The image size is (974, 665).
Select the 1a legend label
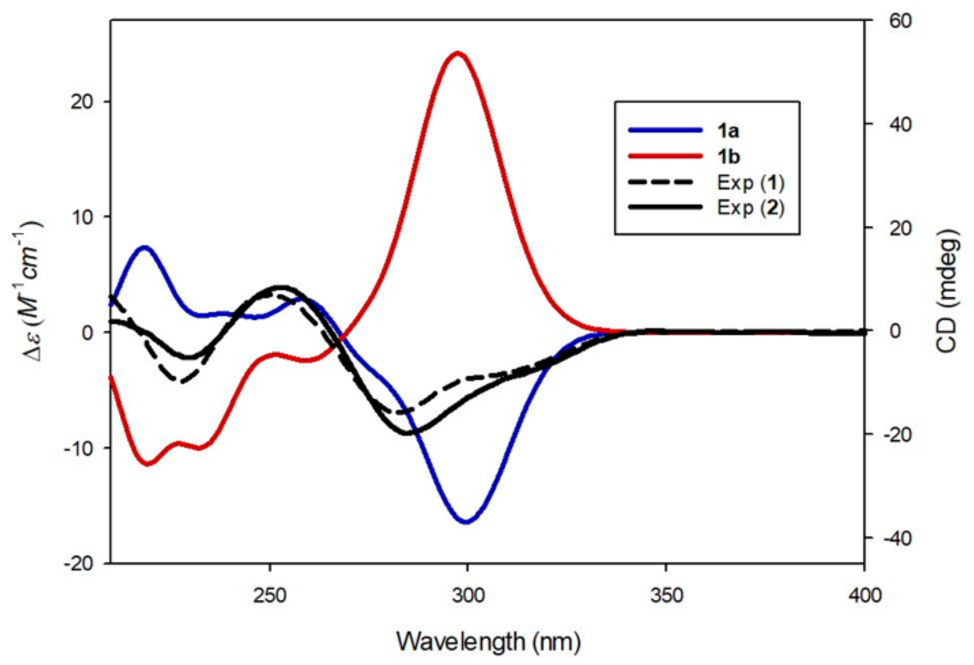(x=729, y=131)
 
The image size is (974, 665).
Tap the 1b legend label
(x=729, y=157)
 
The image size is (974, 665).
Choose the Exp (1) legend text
(x=751, y=183)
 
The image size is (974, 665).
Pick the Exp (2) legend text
(x=751, y=208)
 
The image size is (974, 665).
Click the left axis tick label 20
(x=82, y=102)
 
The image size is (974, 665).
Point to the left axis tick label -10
(x=78, y=448)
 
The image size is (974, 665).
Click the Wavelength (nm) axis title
(x=488, y=641)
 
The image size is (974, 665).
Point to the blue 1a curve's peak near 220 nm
(x=145, y=247)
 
